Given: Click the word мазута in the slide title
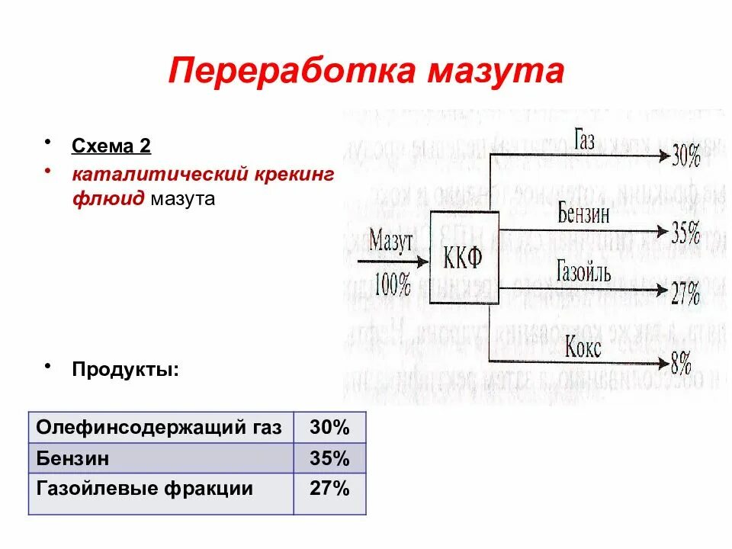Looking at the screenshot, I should [x=496, y=71].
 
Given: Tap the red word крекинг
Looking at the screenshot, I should [x=293, y=174].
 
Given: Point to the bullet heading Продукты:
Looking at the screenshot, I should [x=126, y=369].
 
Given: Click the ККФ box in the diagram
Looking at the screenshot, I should [x=463, y=258].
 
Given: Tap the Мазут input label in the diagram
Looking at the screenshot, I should [x=391, y=243].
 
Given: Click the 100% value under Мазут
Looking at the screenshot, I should [x=393, y=286].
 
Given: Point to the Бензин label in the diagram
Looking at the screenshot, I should [x=583, y=213].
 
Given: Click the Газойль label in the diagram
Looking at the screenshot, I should [x=583, y=271].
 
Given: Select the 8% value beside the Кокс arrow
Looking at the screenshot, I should [x=681, y=363].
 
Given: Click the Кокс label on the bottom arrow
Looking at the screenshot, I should [x=583, y=348].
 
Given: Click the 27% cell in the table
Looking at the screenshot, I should [x=329, y=488].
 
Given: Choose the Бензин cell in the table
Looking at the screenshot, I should [x=72, y=458].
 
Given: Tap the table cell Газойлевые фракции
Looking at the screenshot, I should [x=144, y=488].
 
